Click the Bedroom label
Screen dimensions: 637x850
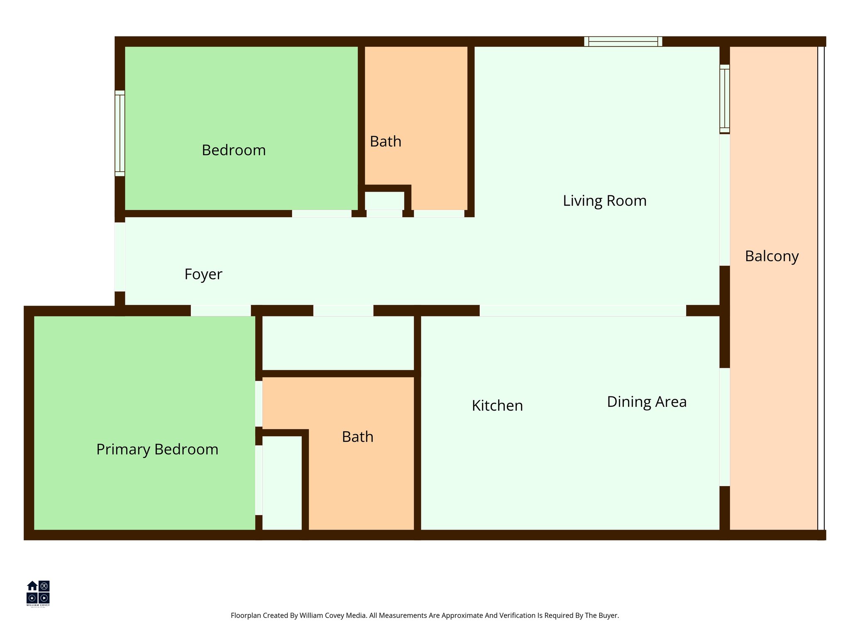click(x=234, y=150)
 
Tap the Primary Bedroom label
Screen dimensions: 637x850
click(x=157, y=450)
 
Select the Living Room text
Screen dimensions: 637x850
click(x=604, y=201)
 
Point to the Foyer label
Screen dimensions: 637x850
click(x=203, y=274)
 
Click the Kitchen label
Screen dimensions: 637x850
click(x=497, y=406)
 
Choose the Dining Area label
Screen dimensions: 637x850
click(x=647, y=402)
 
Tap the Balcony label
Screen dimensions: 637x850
click(x=772, y=256)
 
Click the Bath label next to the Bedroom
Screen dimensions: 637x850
click(x=386, y=142)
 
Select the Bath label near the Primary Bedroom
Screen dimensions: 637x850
click(x=357, y=437)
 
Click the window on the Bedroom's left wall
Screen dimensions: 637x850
click(x=120, y=133)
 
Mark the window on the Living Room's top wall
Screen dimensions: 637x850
click(x=623, y=41)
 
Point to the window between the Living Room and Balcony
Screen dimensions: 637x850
click(x=724, y=99)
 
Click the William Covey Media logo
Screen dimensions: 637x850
click(x=38, y=593)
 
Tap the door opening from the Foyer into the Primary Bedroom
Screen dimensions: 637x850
click(x=220, y=310)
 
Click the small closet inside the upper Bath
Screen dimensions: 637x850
click(x=384, y=201)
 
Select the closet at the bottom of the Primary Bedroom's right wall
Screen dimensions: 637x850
click(x=282, y=483)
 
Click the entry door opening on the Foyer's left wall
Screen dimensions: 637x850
click(x=120, y=257)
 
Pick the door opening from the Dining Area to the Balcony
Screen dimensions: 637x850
click(x=724, y=427)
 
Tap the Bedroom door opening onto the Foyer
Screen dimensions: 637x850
click(x=321, y=214)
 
